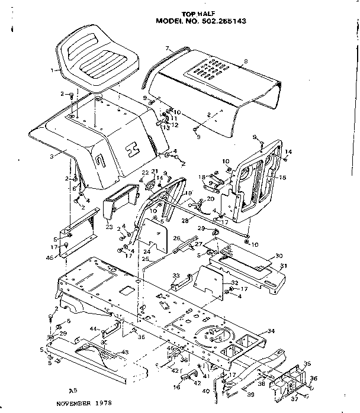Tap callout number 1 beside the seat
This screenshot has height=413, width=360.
pos(53,70)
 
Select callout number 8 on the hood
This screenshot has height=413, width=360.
pos(245,62)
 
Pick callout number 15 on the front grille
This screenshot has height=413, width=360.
pos(282,177)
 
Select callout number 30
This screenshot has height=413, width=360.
pos(279,256)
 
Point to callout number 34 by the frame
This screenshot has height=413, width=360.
pos(271,331)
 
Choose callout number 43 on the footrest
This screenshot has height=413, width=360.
pos(124,353)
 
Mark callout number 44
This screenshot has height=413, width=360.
pos(93,328)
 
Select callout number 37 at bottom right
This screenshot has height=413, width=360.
pos(294,399)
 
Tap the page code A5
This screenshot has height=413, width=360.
pos(73,391)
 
